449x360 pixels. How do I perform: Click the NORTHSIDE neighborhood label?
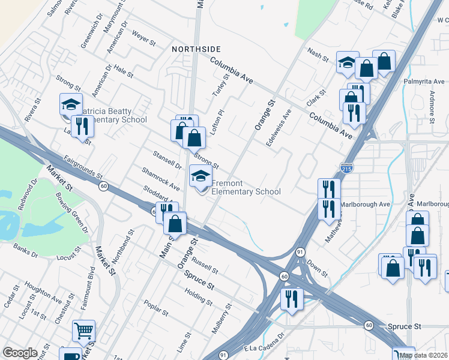click(x=196, y=49)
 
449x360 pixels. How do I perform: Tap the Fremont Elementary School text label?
click(x=246, y=187)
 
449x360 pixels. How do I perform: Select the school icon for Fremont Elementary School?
click(x=200, y=175)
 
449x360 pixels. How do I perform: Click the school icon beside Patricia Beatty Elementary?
click(x=71, y=104)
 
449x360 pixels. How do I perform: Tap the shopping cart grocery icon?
click(x=83, y=330)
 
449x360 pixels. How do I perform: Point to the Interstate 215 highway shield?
click(x=346, y=169)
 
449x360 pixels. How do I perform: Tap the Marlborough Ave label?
click(x=365, y=204)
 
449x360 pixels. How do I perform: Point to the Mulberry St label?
click(x=221, y=319)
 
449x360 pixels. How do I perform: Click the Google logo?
click(x=20, y=353)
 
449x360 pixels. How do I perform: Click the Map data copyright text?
click(x=423, y=355)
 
